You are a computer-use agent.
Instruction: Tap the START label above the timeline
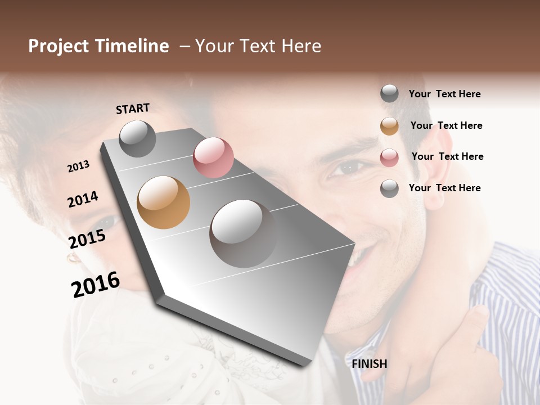click(x=133, y=109)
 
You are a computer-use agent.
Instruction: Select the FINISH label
click(x=370, y=364)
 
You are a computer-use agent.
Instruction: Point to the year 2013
click(x=78, y=166)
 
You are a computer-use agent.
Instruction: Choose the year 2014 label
click(x=83, y=199)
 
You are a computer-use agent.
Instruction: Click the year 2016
click(x=96, y=285)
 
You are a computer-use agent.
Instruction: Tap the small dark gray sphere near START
click(x=137, y=138)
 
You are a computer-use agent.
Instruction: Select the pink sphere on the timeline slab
click(x=213, y=157)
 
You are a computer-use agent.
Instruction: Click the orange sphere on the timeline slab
click(x=164, y=202)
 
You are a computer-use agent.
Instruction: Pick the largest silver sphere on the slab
click(x=243, y=233)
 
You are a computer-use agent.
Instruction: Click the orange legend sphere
click(x=389, y=126)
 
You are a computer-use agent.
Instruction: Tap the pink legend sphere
click(x=389, y=157)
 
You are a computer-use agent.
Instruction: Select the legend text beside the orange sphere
click(x=446, y=125)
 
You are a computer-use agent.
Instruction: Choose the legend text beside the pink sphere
click(x=447, y=156)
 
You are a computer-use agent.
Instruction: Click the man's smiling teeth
click(x=354, y=260)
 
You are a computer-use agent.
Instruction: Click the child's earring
click(x=73, y=258)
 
